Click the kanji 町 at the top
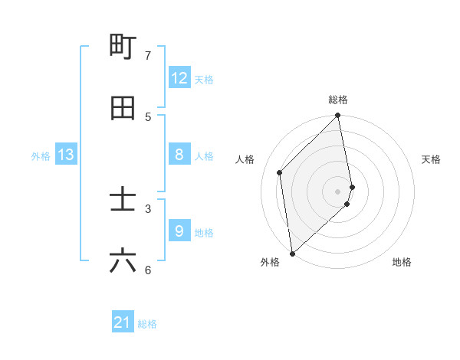pyautogui.click(x=123, y=47)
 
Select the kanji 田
pyautogui.click(x=123, y=108)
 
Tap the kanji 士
pyautogui.click(x=123, y=200)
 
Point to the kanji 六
pyautogui.click(x=123, y=261)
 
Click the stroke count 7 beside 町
pyautogui.click(x=148, y=55)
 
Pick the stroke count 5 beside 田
pyautogui.click(x=148, y=116)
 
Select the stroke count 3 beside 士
pyautogui.click(x=148, y=208)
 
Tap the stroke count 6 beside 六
pyautogui.click(x=148, y=270)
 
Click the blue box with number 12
pyautogui.click(x=179, y=78)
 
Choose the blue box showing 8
pyautogui.click(x=179, y=155)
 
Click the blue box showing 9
pyautogui.click(x=179, y=231)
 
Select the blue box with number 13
pyautogui.click(x=66, y=155)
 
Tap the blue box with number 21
pyautogui.click(x=123, y=323)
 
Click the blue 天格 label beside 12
pyautogui.click(x=204, y=80)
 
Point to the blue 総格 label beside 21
pyautogui.click(x=147, y=325)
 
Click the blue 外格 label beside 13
pyautogui.click(x=41, y=156)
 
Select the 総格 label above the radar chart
pyautogui.click(x=338, y=100)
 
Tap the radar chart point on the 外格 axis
pyautogui.click(x=292, y=253)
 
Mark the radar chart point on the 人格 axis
pyautogui.click(x=280, y=172)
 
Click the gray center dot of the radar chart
pyautogui.click(x=338, y=191)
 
